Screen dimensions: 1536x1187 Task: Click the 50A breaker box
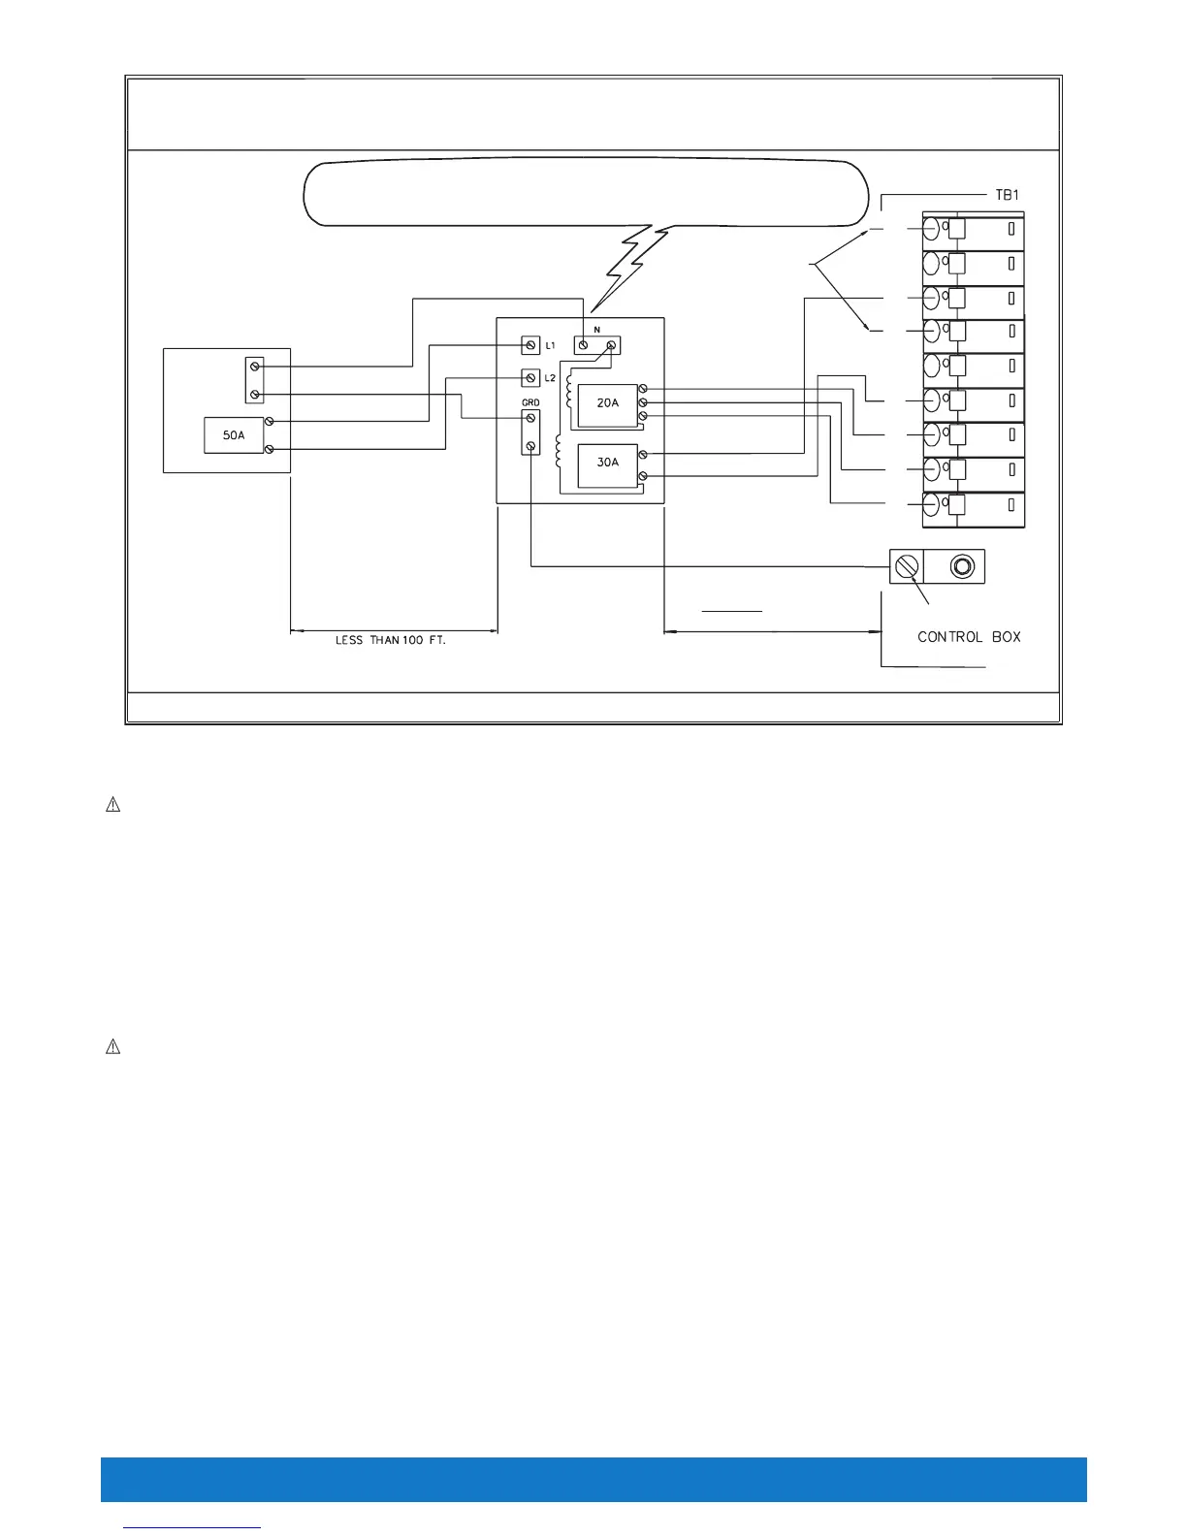(234, 435)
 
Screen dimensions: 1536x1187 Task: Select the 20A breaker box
(607, 402)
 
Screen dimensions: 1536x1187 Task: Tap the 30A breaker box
(607, 463)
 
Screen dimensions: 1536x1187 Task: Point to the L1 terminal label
(550, 345)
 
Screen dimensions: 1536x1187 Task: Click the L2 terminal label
(550, 378)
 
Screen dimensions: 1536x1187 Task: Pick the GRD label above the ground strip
(530, 402)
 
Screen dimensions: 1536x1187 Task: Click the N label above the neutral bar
(596, 331)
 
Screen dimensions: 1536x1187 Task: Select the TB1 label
(1007, 195)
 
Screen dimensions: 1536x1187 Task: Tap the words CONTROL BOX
(969, 637)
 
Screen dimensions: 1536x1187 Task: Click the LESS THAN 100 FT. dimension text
(390, 641)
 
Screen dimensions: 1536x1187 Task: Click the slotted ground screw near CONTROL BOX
(906, 565)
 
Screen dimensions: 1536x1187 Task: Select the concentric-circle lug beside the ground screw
(962, 565)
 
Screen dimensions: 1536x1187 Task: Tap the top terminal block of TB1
(973, 230)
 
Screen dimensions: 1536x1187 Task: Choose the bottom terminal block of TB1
(973, 507)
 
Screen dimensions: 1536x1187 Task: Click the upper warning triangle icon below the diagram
(112, 805)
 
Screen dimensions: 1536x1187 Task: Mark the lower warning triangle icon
(112, 1047)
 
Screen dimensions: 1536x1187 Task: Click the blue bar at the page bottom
(593, 1479)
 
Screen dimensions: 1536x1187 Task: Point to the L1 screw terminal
(530, 345)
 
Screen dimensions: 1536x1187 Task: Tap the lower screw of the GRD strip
(530, 446)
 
